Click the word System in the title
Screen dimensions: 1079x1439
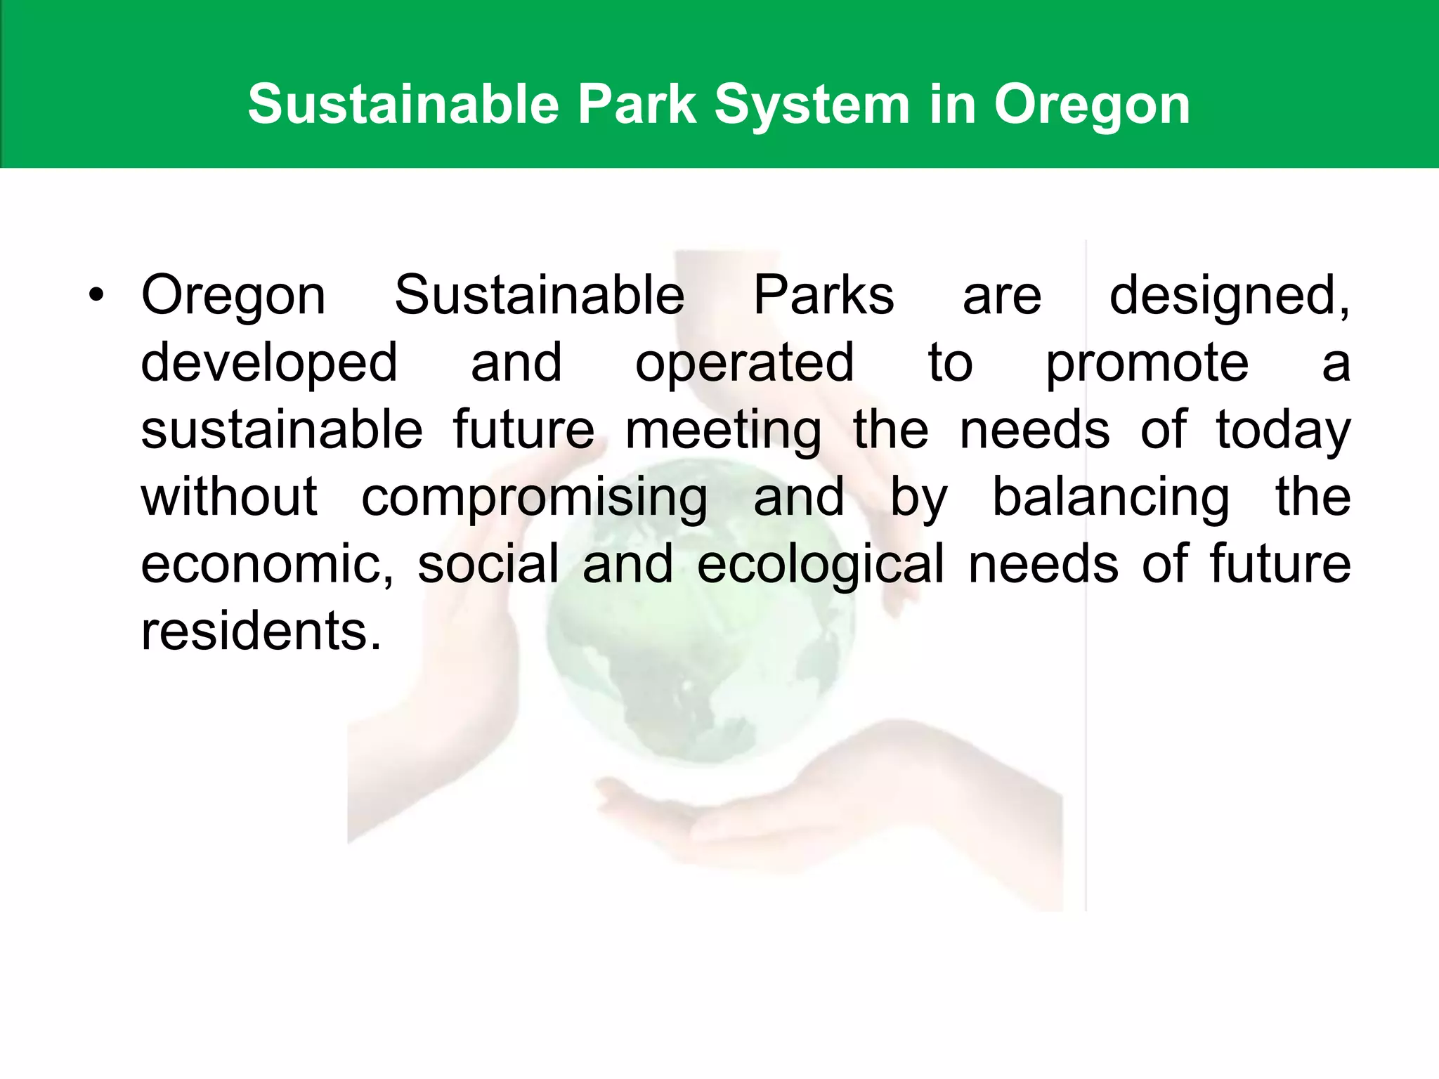(812, 105)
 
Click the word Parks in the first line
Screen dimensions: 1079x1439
(823, 295)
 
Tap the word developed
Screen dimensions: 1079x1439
(269, 363)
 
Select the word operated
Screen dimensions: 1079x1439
(744, 363)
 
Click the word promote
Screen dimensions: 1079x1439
(1147, 363)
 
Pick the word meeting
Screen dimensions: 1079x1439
(723, 430)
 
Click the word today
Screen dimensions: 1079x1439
(1283, 430)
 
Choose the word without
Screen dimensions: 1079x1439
(229, 497)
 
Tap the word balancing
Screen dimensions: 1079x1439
(1110, 498)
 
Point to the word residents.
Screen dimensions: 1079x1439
(261, 631)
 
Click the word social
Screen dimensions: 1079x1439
(488, 564)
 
